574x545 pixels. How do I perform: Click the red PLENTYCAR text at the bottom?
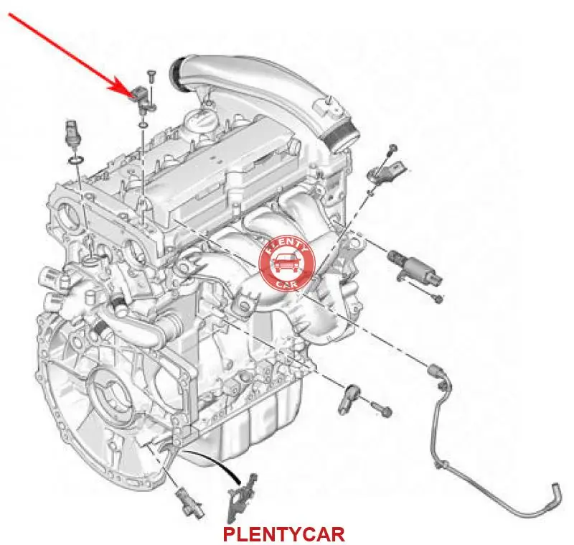tap(283, 534)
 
